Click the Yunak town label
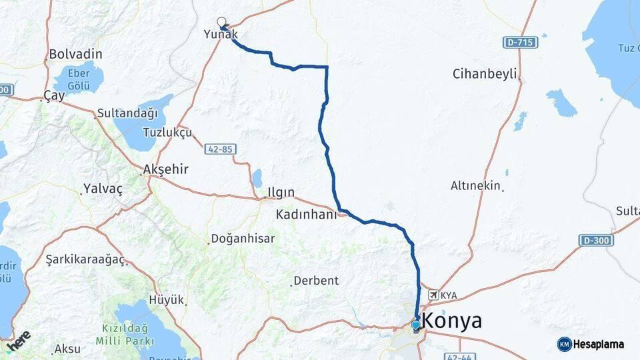tap(221, 34)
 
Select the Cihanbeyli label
tap(485, 73)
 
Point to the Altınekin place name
tap(475, 186)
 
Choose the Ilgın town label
tap(281, 192)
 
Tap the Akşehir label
tap(165, 169)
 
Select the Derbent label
tap(317, 281)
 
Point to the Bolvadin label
tap(75, 54)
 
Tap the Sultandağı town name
tap(127, 113)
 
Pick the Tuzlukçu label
tap(167, 132)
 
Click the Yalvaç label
tap(103, 189)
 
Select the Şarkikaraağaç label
tap(85, 259)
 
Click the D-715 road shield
tap(520, 43)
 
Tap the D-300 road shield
tap(596, 240)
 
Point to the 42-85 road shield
tap(219, 149)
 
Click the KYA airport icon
tap(433, 294)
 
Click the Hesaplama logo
tap(591, 344)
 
